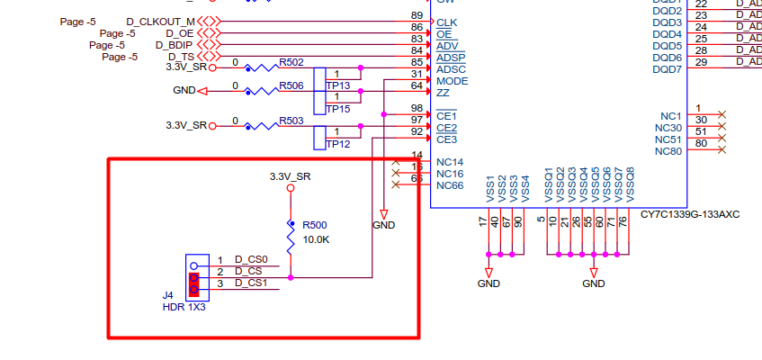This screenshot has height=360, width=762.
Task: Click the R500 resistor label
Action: (315, 225)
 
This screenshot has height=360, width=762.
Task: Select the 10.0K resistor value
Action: (316, 240)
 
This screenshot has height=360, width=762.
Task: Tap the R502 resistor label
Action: (291, 62)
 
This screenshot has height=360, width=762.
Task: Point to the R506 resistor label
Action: (291, 85)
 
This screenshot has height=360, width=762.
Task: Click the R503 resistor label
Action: (291, 121)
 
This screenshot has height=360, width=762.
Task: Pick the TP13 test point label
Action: (338, 85)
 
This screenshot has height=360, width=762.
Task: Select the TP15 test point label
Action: (338, 109)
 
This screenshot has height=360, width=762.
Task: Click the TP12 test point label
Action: (338, 144)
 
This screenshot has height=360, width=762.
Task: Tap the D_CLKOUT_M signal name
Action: (160, 21)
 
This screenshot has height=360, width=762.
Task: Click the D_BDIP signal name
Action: (175, 44)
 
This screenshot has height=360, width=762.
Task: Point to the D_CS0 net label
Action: (251, 260)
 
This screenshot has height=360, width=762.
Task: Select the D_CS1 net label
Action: (251, 283)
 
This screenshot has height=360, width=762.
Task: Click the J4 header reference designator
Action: (167, 295)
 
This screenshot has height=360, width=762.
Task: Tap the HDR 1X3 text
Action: (184, 307)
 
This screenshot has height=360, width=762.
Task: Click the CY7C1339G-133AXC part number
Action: (690, 215)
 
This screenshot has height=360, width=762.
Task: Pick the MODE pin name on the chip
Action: (453, 81)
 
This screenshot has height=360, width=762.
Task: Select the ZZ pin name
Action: (443, 93)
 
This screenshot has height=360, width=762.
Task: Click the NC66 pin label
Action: (450, 185)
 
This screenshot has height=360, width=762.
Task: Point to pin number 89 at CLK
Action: (417, 16)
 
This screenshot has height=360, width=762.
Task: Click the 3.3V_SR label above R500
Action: (291, 176)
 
